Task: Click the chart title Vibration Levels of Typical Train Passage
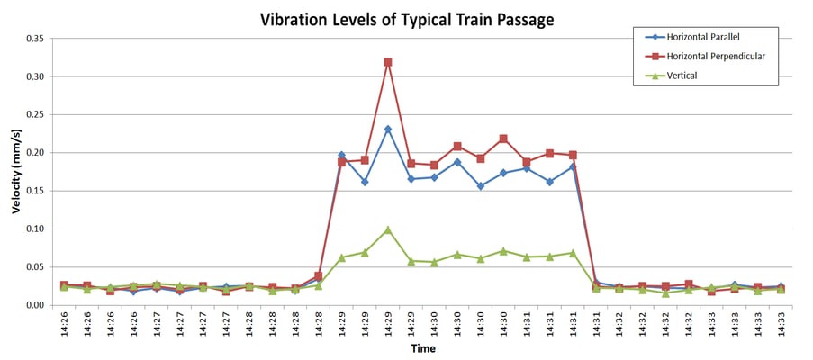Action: (x=407, y=19)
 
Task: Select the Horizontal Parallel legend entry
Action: (x=712, y=37)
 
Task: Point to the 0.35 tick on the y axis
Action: (x=34, y=40)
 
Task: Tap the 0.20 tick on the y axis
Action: (x=34, y=153)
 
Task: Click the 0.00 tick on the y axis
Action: (x=34, y=305)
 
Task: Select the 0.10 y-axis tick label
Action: (x=34, y=229)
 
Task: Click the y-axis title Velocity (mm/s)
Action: (x=16, y=172)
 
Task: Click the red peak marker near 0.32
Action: (x=388, y=62)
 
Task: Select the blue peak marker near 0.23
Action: (x=388, y=130)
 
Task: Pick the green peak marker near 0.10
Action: (x=388, y=229)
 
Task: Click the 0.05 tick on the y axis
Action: (x=34, y=267)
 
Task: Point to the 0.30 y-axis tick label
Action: (x=34, y=77)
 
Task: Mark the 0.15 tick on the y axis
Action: (x=34, y=192)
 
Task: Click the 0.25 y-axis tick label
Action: (x=34, y=115)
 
